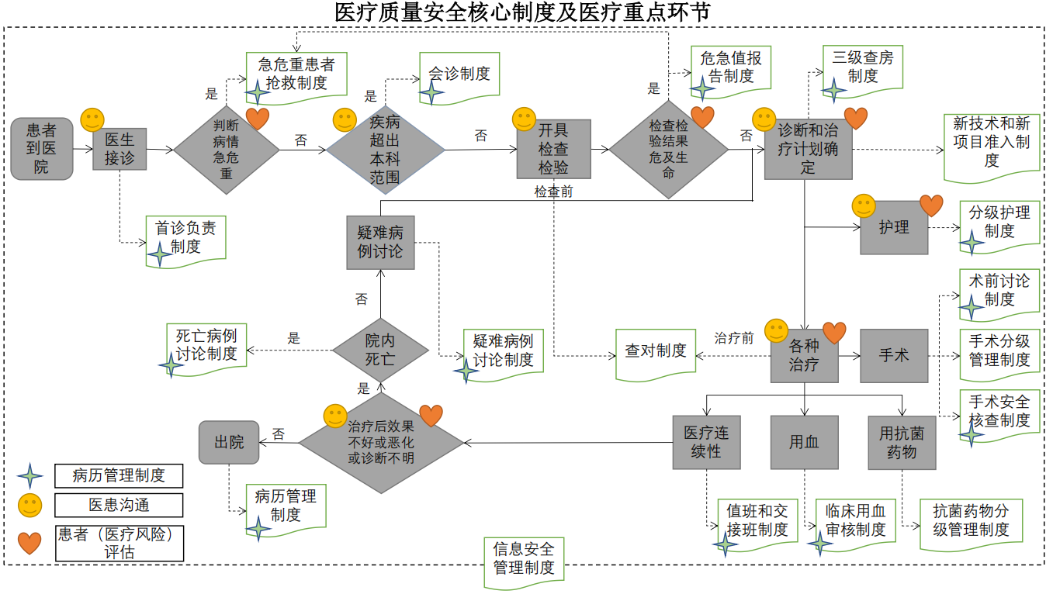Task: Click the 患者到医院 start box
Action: click(41, 149)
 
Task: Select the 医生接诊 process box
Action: click(120, 149)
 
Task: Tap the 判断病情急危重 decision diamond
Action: click(226, 149)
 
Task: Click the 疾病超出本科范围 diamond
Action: click(384, 150)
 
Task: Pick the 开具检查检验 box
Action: click(553, 149)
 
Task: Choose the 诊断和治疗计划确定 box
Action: click(808, 149)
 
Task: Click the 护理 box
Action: click(893, 227)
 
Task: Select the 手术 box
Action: click(893, 355)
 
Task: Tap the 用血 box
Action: click(804, 442)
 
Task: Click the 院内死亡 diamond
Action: click(380, 351)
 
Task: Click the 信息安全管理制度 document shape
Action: click(524, 558)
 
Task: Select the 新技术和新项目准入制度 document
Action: click(991, 143)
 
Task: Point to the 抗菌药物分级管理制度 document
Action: click(970, 521)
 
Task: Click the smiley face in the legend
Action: click(30, 506)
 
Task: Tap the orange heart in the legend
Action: click(30, 543)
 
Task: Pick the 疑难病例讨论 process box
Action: click(380, 242)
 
